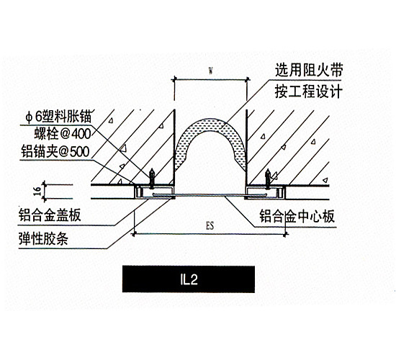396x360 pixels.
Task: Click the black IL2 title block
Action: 189,279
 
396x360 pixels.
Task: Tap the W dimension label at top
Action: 210,71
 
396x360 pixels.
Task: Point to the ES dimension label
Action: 210,225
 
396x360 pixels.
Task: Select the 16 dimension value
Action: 37,192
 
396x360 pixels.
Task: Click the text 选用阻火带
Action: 309,70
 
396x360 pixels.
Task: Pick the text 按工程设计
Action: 309,91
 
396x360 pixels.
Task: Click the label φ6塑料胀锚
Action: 58,117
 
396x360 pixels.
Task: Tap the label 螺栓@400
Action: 63,134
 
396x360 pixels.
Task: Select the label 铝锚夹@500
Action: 55,152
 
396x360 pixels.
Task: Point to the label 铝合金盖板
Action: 50,215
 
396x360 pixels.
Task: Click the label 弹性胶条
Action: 43,238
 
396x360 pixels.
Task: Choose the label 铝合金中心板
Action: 297,216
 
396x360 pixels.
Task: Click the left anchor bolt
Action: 151,179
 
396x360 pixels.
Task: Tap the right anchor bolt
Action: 267,179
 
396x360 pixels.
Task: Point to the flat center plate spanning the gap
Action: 210,195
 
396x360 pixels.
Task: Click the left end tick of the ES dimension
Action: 135,234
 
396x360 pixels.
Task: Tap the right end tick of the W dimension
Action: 247,80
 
